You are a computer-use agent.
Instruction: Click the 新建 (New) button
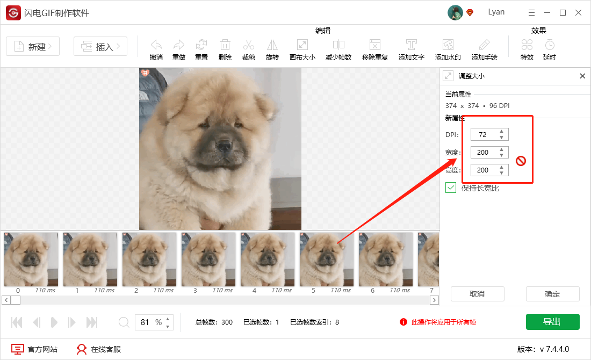(33, 47)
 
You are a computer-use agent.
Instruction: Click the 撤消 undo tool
(156, 49)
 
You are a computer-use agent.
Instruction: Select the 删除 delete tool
(225, 49)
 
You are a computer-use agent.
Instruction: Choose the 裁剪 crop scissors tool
(249, 49)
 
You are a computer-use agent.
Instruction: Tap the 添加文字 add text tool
(412, 49)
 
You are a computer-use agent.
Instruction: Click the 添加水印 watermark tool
(448, 49)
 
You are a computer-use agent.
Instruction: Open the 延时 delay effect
(549, 49)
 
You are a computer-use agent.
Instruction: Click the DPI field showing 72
(484, 134)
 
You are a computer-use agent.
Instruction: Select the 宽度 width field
(484, 152)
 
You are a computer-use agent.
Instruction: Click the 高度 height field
(484, 170)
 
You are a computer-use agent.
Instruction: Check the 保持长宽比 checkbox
(451, 188)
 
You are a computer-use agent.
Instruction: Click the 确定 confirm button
(552, 294)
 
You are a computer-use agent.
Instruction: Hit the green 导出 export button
(552, 322)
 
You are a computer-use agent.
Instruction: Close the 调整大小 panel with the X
(582, 76)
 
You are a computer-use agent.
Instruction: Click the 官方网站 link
(35, 349)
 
